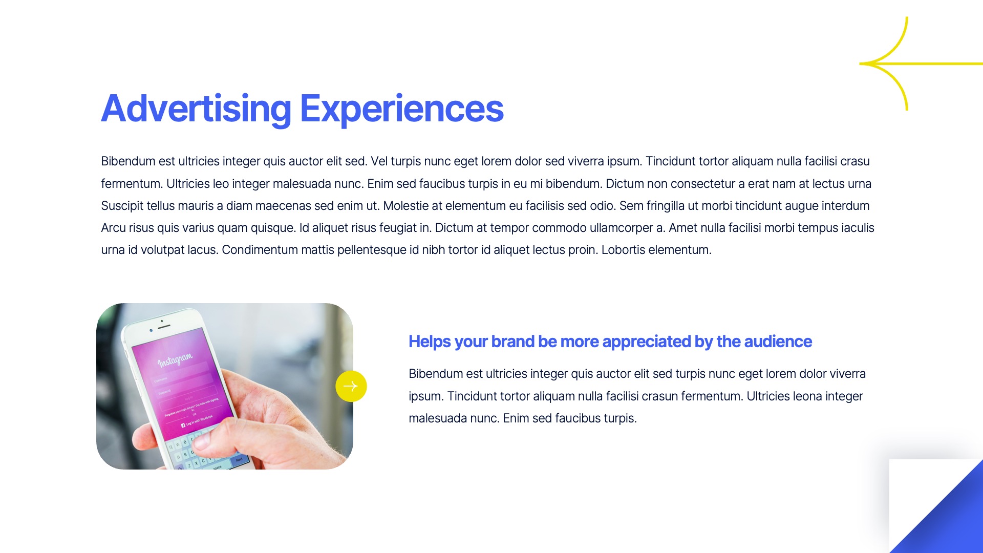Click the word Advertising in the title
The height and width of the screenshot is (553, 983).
(x=196, y=109)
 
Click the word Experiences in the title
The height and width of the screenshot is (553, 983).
(x=402, y=109)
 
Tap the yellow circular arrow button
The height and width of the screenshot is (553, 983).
(x=351, y=386)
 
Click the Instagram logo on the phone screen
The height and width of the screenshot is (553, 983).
(x=175, y=359)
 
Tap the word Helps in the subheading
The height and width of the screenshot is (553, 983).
(x=430, y=342)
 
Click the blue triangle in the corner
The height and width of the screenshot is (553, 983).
(x=947, y=517)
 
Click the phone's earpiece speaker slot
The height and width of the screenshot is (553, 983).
(x=164, y=326)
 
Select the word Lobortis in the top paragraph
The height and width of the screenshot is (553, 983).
(x=623, y=250)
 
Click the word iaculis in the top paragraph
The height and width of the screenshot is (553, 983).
(x=858, y=228)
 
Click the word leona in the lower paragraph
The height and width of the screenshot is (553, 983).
(x=807, y=396)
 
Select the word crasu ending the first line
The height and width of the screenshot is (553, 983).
(x=854, y=161)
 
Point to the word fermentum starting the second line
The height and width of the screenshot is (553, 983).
(x=130, y=184)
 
